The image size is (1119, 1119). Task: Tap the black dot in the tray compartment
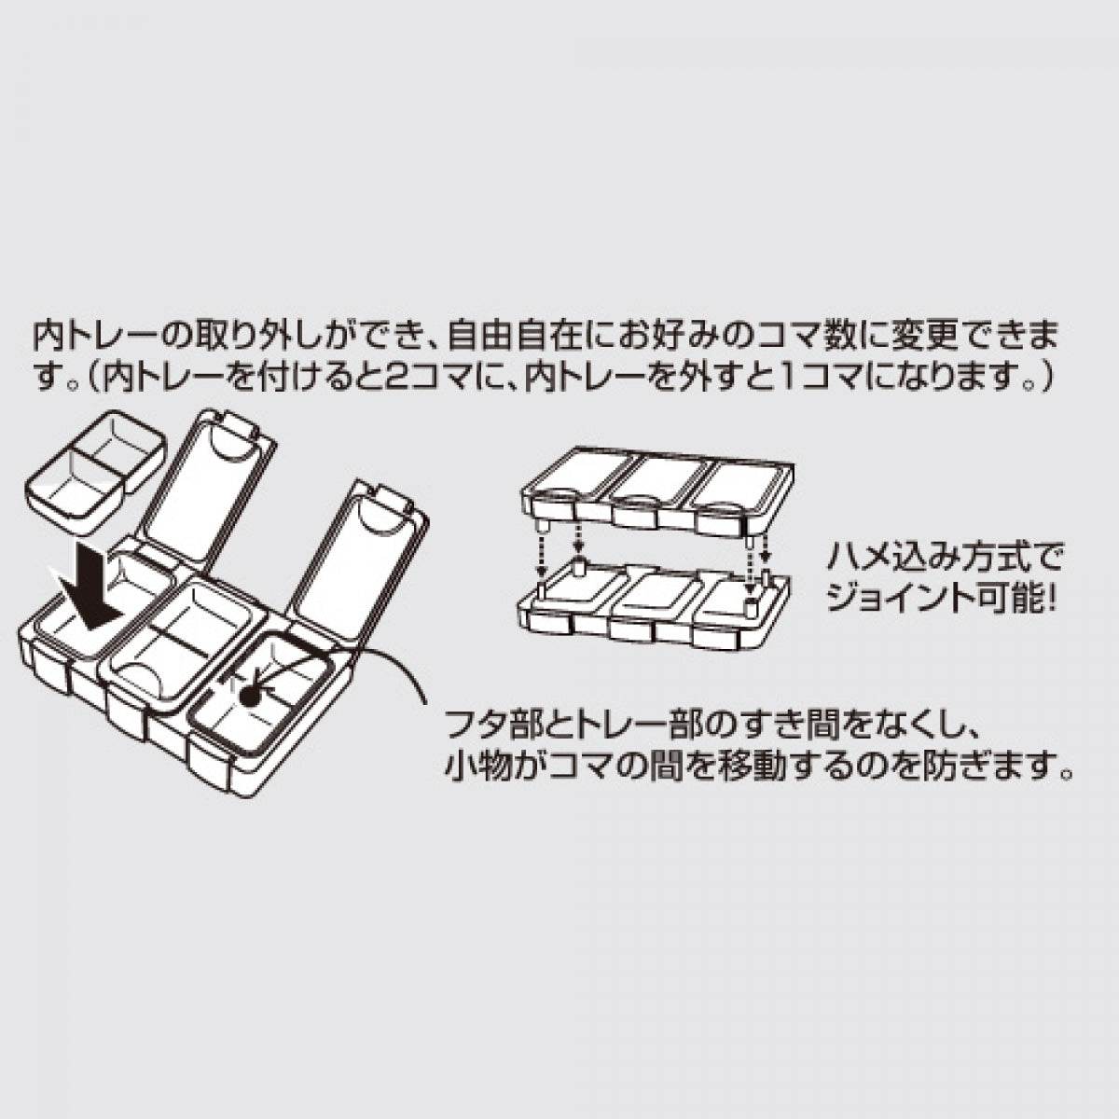pyautogui.click(x=250, y=695)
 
